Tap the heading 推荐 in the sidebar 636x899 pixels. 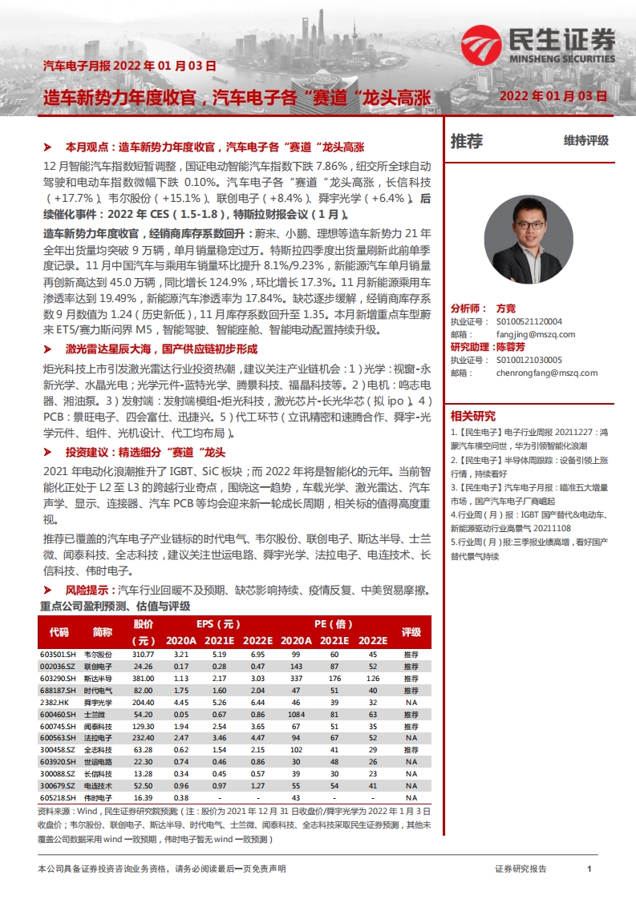click(467, 142)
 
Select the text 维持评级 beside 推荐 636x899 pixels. click(585, 141)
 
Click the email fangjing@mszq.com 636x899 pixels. click(529, 335)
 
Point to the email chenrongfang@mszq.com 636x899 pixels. click(547, 373)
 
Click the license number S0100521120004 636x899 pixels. click(529, 322)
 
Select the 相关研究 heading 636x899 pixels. click(473, 416)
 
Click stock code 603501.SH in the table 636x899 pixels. click(59, 655)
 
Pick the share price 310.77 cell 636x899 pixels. click(143, 655)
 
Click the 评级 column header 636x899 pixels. click(411, 632)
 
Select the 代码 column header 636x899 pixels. click(59, 632)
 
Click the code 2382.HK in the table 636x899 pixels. click(58, 701)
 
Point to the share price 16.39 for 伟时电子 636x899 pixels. click(143, 797)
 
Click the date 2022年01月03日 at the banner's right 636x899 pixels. click(553, 95)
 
